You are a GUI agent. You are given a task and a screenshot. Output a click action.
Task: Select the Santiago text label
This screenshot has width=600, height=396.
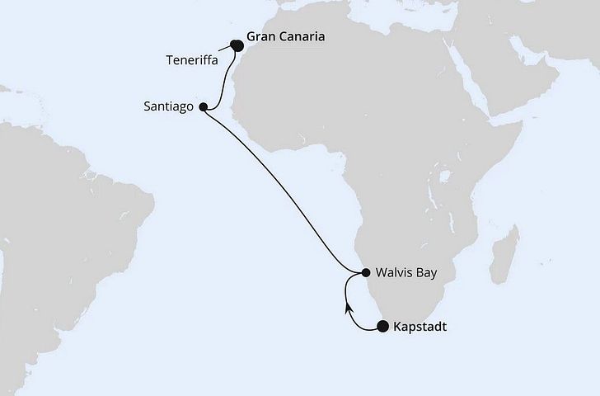click(167, 106)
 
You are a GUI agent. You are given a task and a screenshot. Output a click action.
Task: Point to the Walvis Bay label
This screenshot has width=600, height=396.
click(405, 272)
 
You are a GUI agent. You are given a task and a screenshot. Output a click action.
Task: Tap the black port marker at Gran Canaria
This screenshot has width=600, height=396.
click(237, 45)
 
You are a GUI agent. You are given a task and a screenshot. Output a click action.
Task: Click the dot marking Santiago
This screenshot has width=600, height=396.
click(204, 106)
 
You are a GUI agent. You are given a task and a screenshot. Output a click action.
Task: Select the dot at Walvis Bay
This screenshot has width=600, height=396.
click(366, 272)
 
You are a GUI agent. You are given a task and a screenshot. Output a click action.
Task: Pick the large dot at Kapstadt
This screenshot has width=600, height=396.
click(382, 327)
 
